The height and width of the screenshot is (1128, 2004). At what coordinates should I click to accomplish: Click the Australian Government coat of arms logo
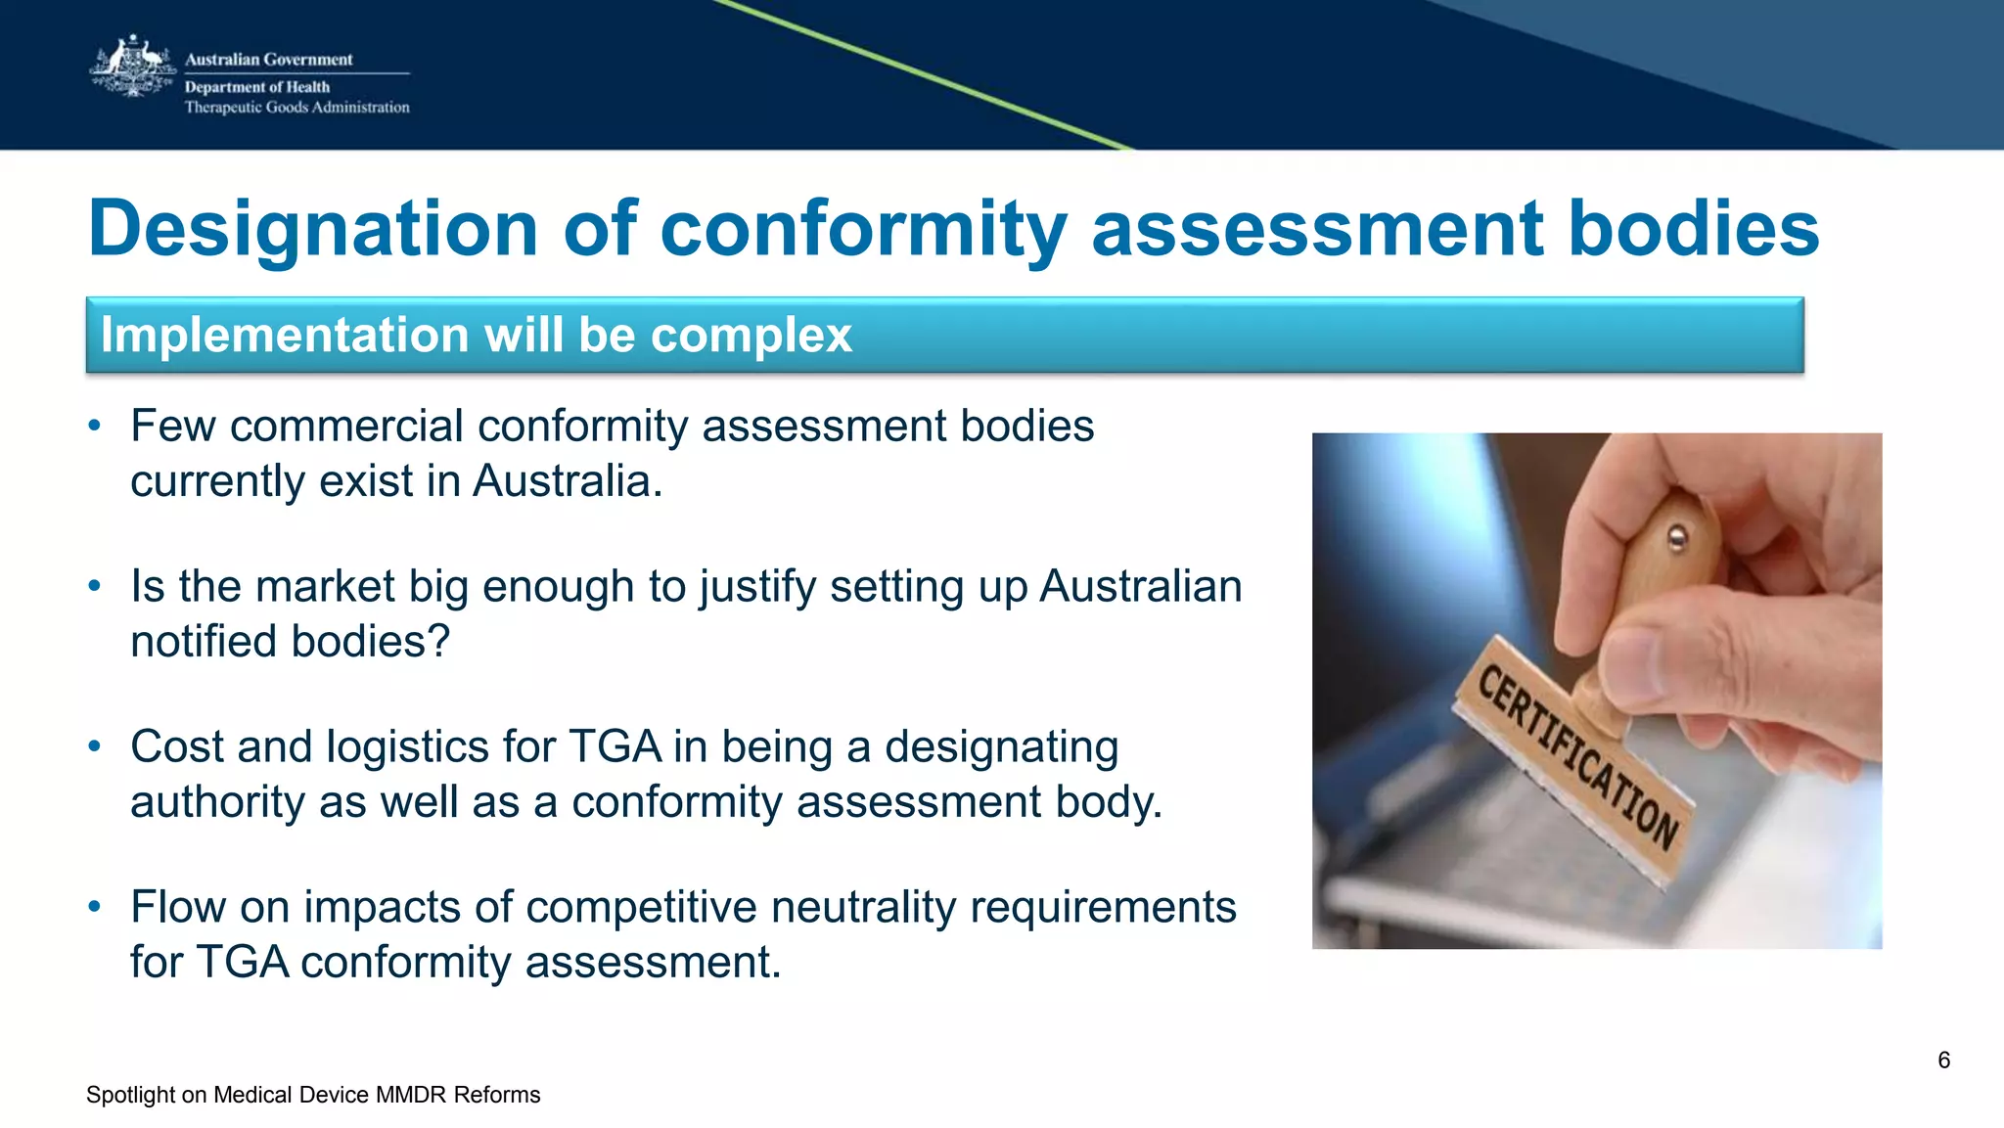click(x=131, y=68)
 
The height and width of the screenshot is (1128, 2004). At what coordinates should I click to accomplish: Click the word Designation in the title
click(x=313, y=229)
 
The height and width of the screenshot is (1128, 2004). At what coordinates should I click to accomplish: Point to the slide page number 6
click(x=1943, y=1060)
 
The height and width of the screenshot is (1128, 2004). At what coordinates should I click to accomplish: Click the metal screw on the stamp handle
click(x=1677, y=536)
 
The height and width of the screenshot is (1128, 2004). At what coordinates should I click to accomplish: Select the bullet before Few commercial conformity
click(x=94, y=426)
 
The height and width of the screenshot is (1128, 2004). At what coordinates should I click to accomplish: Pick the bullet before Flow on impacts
click(x=94, y=907)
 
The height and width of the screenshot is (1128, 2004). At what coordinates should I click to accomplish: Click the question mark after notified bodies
click(x=439, y=642)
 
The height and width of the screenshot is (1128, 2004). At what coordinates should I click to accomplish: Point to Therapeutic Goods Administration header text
click(x=296, y=108)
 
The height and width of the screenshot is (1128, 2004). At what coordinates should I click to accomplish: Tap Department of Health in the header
click(x=257, y=87)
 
